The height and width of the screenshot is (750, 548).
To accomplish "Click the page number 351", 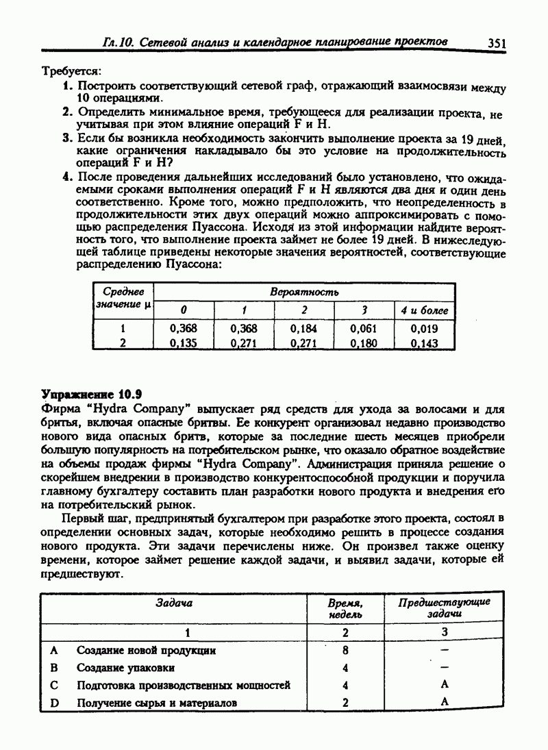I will (x=497, y=43).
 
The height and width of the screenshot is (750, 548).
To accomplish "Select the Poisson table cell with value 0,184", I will (x=304, y=329).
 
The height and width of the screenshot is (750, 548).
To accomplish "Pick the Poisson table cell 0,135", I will (x=183, y=343).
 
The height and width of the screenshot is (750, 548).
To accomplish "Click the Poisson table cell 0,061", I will (x=363, y=329).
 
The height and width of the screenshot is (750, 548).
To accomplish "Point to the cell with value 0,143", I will (x=424, y=343).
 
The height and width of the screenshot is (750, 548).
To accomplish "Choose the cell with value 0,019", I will (x=424, y=329).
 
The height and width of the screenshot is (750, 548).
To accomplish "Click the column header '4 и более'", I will (x=424, y=310).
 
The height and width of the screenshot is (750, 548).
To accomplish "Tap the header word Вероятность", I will (x=304, y=292).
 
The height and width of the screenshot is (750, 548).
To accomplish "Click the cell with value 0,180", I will (x=363, y=343).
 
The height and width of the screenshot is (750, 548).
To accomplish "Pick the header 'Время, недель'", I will (x=345, y=608).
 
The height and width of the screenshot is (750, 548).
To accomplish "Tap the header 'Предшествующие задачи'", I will (x=444, y=608).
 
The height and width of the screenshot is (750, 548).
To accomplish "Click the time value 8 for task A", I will (x=345, y=650).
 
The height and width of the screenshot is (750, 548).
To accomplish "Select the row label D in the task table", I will (x=54, y=702).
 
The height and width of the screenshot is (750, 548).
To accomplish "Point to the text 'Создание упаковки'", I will (x=125, y=667).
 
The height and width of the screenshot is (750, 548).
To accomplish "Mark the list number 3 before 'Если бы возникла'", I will (x=66, y=138).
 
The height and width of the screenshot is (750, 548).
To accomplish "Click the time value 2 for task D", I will (x=345, y=702).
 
